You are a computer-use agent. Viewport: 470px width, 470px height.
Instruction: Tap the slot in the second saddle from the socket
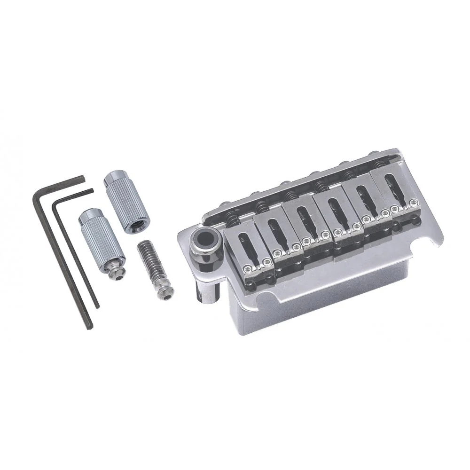coord(273,230)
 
